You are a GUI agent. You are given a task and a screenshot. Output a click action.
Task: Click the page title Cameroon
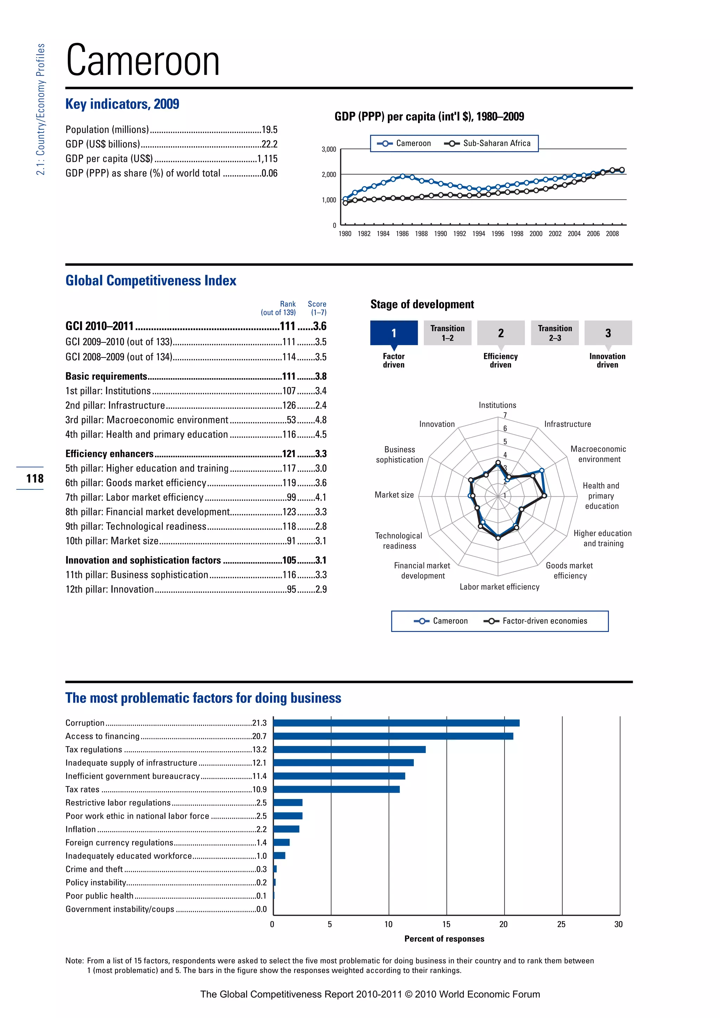click(143, 61)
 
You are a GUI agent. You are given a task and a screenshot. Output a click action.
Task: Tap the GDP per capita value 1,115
click(267, 159)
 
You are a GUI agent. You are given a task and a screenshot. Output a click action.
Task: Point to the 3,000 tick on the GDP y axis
click(328, 149)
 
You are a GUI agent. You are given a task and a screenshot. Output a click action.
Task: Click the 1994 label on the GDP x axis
click(478, 234)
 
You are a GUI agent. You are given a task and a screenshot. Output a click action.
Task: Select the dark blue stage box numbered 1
click(394, 333)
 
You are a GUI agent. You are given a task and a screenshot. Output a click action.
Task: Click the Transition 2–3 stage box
click(555, 333)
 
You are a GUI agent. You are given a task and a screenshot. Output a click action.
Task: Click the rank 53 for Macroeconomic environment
click(291, 420)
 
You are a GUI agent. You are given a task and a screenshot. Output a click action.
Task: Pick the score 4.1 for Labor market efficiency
click(321, 497)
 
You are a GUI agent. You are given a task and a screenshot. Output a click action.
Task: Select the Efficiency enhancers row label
click(109, 453)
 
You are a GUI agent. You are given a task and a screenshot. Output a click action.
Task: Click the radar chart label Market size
click(394, 495)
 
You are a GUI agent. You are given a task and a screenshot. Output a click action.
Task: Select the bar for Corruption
click(396, 723)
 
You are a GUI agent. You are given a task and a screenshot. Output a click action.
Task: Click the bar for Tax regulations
click(349, 749)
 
